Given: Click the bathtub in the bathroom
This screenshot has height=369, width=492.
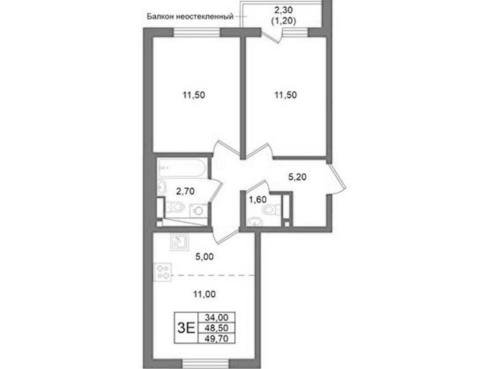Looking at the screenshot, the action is coord(182,168).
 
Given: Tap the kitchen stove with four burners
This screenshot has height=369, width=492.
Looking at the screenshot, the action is coord(163,272).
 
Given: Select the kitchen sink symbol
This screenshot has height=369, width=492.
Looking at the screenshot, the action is coord(179,242).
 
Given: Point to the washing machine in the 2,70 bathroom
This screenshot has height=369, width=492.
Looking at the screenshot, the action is coord(199,210).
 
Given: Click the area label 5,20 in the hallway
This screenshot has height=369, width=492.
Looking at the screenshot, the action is coord(297,177).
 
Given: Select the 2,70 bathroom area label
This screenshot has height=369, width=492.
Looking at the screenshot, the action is coord(185,191).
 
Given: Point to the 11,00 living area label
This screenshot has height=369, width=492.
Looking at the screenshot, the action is coord(205,294).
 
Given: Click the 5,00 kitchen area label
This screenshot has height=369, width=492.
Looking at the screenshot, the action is coord(204,257).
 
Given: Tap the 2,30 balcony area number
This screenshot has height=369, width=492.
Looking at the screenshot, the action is coord(284,10).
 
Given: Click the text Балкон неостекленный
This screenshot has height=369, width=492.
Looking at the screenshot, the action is coord(190,17).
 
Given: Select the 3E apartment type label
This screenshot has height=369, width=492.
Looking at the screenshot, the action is coord(186,328).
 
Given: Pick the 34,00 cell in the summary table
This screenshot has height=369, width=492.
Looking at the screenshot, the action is coord(216,317).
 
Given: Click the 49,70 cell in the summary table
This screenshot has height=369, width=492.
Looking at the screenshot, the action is coord(216,338).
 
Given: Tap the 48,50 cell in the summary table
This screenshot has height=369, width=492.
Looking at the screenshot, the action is coord(216,328).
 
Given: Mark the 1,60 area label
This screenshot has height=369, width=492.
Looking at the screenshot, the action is coord(257,199).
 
